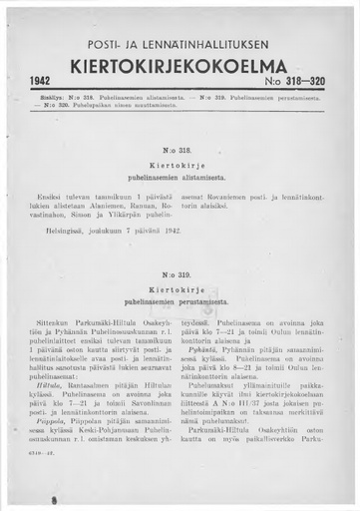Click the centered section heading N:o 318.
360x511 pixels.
coord(180,149)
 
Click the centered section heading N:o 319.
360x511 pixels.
coord(180,272)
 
